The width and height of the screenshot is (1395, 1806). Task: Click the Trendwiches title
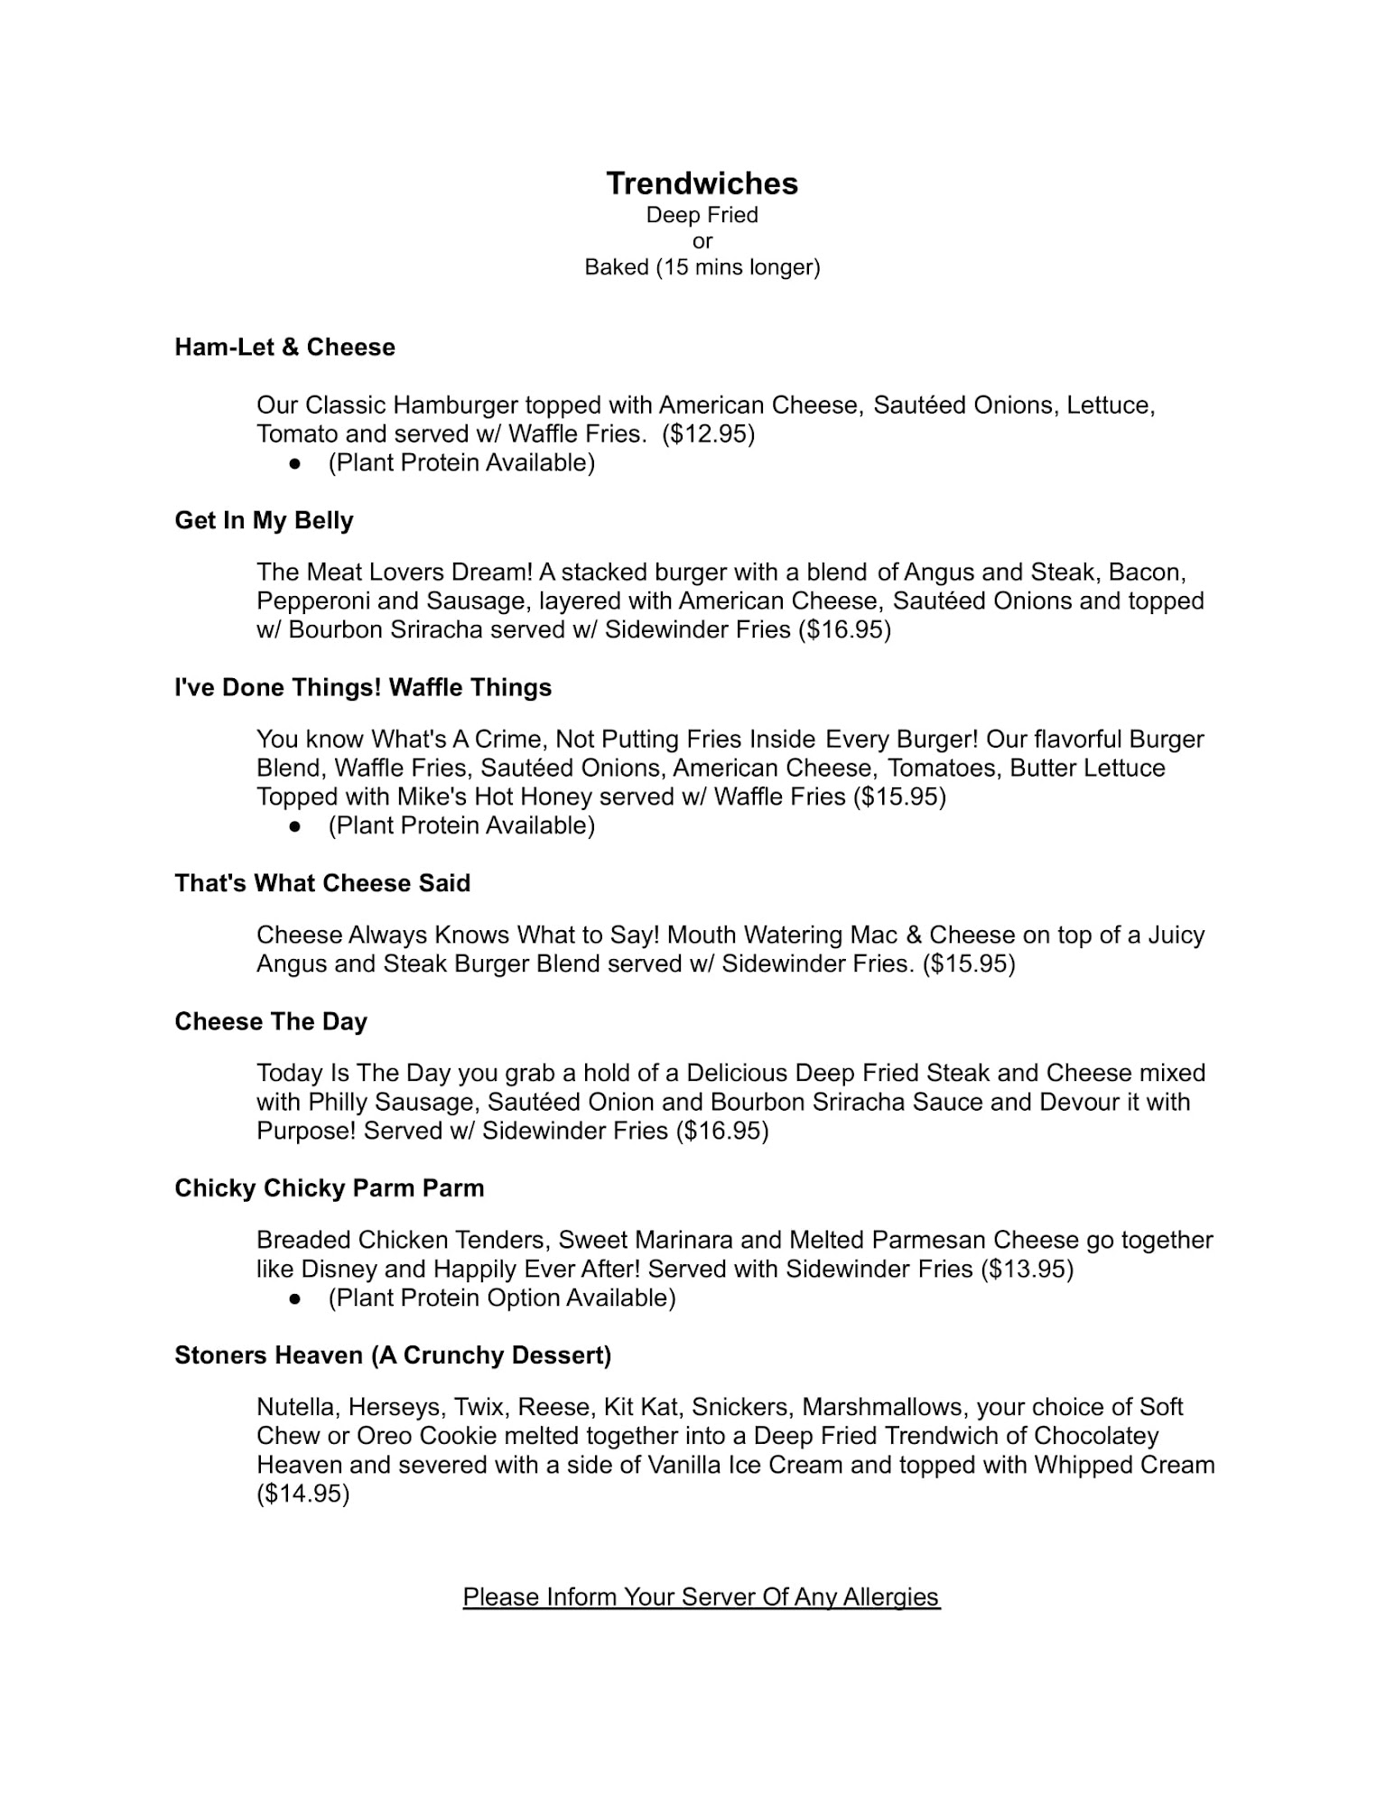pyautogui.click(x=702, y=183)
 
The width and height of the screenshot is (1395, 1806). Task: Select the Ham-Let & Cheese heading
pyautogui.click(x=284, y=348)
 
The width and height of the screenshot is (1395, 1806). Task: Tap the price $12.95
pyautogui.click(x=708, y=434)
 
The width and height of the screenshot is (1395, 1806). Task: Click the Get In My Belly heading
pyautogui.click(x=264, y=521)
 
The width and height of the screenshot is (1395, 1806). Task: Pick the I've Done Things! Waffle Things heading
pyautogui.click(x=363, y=688)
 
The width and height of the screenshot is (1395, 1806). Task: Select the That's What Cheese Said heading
pyautogui.click(x=322, y=883)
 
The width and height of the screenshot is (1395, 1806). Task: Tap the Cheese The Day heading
pyautogui.click(x=271, y=1022)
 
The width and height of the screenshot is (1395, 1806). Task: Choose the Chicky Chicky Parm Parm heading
pyautogui.click(x=330, y=1188)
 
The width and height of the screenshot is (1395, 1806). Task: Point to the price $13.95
pyautogui.click(x=1027, y=1270)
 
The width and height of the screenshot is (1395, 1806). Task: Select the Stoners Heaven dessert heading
pyautogui.click(x=393, y=1355)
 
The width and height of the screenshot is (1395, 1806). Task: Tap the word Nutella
pyautogui.click(x=297, y=1408)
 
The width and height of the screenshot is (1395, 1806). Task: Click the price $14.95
pyautogui.click(x=303, y=1494)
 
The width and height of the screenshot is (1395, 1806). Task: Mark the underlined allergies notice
pyautogui.click(x=702, y=1597)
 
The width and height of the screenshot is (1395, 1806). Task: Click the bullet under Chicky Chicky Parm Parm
pyautogui.click(x=294, y=1299)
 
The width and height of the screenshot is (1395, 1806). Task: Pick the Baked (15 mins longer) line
pyautogui.click(x=702, y=268)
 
